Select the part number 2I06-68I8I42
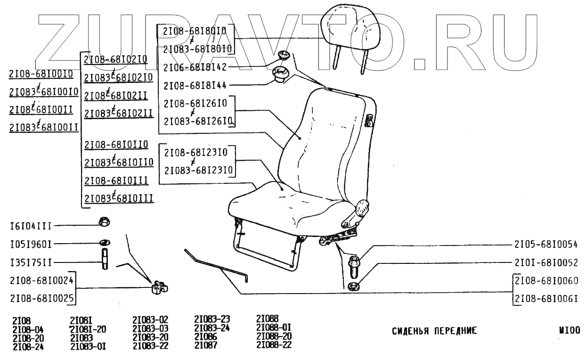pyautogui.click(x=195, y=67)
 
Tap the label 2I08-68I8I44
pyautogui.click(x=195, y=85)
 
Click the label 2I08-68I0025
pyautogui.click(x=41, y=299)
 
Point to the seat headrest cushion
pyautogui.click(x=350, y=28)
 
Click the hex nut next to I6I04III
pyautogui.click(x=104, y=221)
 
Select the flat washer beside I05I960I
pyautogui.click(x=105, y=243)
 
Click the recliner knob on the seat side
pyautogui.click(x=362, y=207)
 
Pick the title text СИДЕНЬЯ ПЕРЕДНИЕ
pyautogui.click(x=434, y=330)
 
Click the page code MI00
pyautogui.click(x=569, y=330)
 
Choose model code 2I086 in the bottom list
pyautogui.click(x=205, y=337)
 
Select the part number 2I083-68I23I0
pyautogui.click(x=198, y=169)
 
